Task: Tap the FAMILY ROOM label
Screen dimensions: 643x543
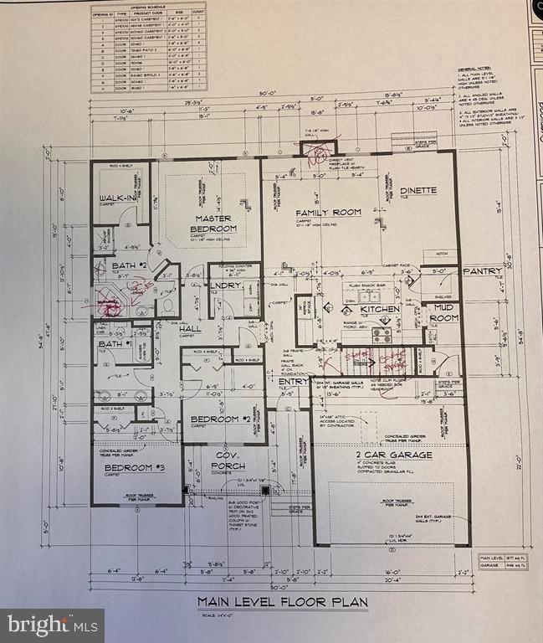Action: pyautogui.click(x=329, y=213)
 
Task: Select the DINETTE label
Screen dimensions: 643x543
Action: pyautogui.click(x=417, y=190)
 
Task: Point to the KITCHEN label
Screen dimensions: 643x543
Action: pyautogui.click(x=381, y=310)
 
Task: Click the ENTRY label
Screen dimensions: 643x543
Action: pyautogui.click(x=294, y=381)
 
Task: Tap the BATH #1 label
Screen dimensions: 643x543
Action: pyautogui.click(x=115, y=344)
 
